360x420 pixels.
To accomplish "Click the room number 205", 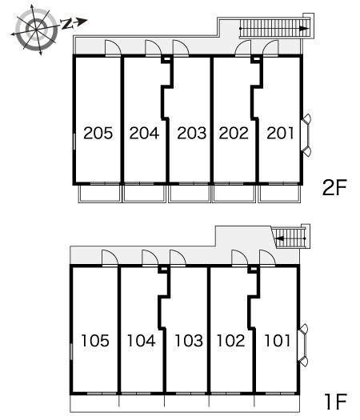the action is (98, 133).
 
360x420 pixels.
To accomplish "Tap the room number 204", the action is (144, 133).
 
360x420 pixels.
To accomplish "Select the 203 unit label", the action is (191, 133).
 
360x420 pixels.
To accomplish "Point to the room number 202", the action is (234, 133).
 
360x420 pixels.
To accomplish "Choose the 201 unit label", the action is (280, 133).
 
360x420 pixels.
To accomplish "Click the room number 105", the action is (95, 341).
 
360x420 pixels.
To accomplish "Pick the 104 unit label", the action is (141, 341).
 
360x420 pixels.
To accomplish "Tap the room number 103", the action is (189, 341).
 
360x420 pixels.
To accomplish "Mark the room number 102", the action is (230, 341).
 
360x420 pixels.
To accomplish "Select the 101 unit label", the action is (278, 341).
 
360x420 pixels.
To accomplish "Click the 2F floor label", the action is (334, 187).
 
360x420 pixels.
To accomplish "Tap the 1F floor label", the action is (336, 402).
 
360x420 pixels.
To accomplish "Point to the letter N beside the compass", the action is (66, 24).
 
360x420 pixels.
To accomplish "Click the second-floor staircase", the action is (274, 28).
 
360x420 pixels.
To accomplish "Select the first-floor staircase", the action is (291, 238).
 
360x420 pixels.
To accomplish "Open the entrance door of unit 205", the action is (113, 48).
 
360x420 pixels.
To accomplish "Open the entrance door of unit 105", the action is (110, 258).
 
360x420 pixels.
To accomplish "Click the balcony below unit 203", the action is (190, 194).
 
